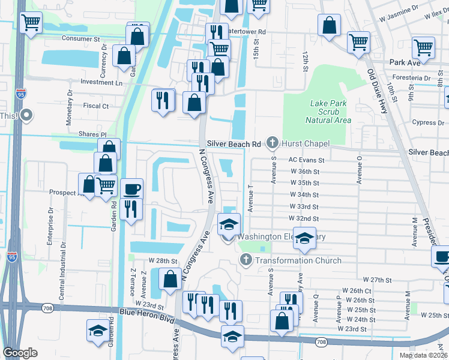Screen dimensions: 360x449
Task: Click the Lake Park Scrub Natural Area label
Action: click(328, 112)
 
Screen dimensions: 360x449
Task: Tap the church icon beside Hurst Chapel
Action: click(272, 143)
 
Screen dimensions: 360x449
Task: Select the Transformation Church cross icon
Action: click(246, 260)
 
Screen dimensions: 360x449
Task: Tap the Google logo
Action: click(20, 353)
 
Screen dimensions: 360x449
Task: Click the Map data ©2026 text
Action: click(423, 355)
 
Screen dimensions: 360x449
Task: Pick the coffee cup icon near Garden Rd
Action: click(132, 189)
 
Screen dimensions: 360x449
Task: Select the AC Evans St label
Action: click(306, 160)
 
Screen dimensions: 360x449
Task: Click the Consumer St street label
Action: click(81, 38)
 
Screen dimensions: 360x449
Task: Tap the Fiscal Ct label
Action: click(96, 106)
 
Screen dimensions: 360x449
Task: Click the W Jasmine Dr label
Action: click(399, 10)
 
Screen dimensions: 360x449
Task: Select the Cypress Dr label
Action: click(428, 122)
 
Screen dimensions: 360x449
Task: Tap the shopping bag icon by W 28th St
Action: click(170, 279)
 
